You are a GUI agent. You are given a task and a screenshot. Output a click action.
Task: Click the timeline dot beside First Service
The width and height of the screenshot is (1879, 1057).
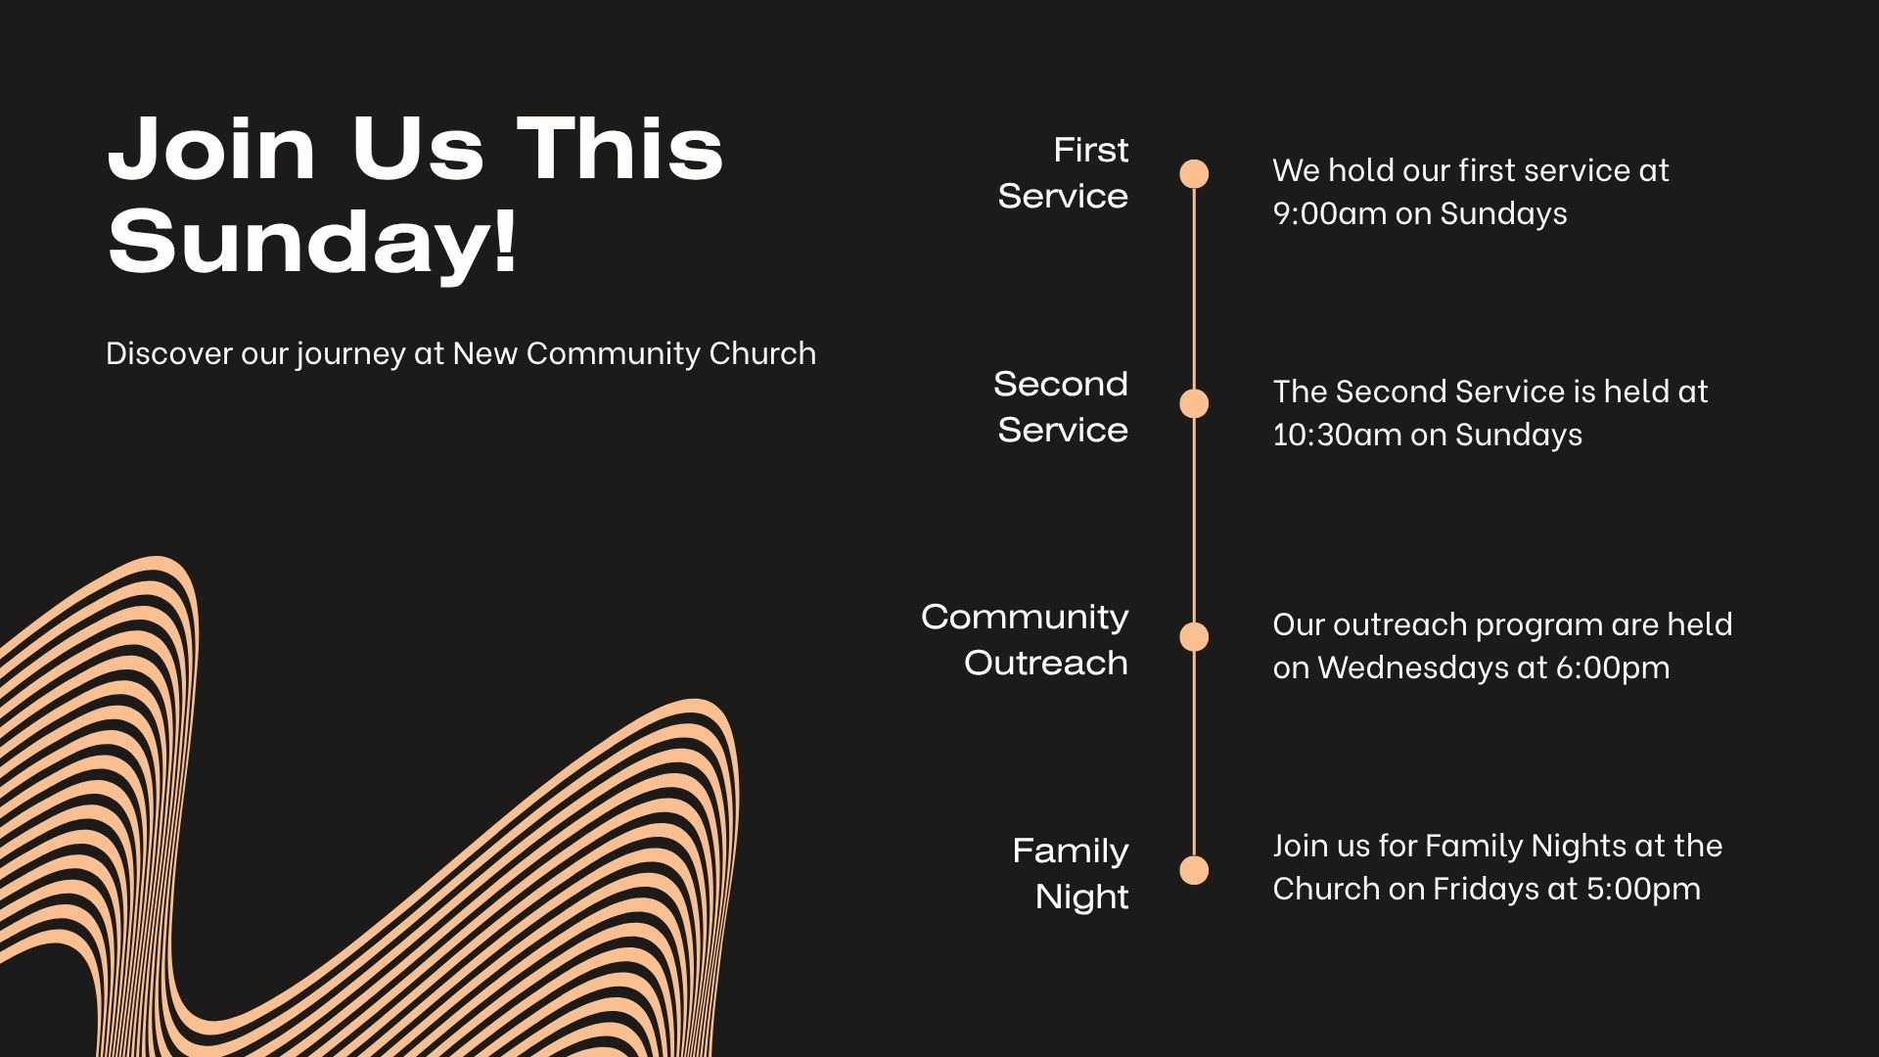[1194, 173]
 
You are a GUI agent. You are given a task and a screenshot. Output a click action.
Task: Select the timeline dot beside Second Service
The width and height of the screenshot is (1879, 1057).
[1194, 403]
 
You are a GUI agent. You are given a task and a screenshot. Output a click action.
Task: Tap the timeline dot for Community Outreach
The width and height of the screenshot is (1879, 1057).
[1194, 637]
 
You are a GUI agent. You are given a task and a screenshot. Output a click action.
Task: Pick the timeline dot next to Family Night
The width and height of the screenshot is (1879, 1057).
[1194, 870]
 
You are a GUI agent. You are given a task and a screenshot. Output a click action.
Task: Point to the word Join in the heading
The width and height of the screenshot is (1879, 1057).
[212, 149]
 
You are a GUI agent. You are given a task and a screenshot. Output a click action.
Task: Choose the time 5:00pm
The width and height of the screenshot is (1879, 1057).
[1643, 889]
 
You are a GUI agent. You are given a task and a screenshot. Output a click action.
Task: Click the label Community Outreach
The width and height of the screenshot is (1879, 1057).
[1025, 639]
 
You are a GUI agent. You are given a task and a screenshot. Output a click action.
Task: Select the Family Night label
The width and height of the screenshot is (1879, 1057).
[1071, 873]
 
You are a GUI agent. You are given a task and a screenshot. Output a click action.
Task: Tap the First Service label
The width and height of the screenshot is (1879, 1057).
[1063, 172]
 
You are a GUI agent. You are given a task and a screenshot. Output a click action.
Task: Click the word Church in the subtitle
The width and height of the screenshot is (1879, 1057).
[762, 353]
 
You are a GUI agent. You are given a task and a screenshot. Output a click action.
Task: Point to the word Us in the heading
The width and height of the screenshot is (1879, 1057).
[418, 149]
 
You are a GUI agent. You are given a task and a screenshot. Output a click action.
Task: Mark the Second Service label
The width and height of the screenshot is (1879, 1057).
[1061, 406]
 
